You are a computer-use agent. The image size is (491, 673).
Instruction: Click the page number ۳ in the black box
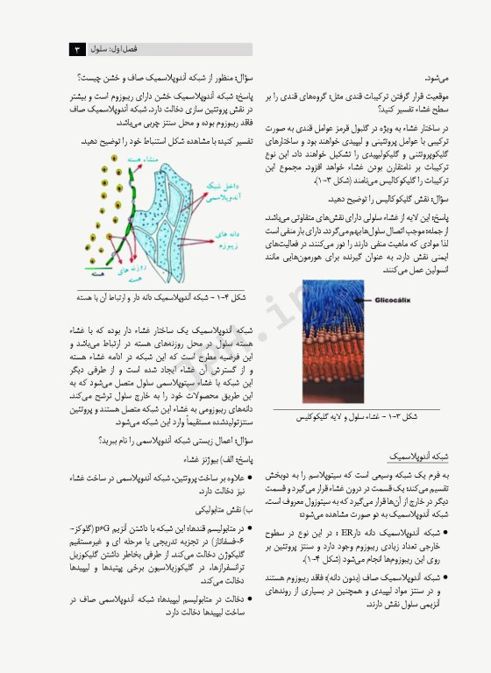(77, 50)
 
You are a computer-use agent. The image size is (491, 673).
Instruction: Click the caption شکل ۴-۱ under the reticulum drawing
(164, 298)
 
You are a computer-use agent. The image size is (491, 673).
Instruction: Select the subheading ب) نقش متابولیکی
(223, 509)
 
